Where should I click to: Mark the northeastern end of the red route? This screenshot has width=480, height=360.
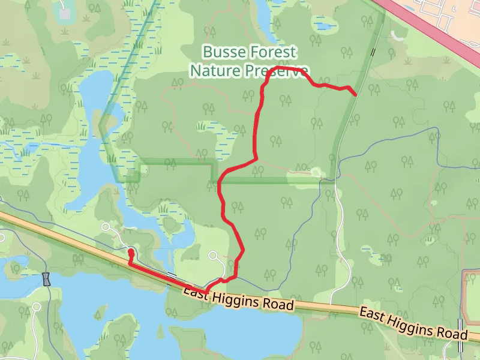[x=356, y=95]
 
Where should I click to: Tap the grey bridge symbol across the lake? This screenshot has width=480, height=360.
[x=47, y=279]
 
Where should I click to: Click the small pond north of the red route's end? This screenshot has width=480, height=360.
[x=324, y=25]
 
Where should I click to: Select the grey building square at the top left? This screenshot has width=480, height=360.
[x=64, y=11]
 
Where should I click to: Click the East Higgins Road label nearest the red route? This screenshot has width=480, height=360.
[x=239, y=299]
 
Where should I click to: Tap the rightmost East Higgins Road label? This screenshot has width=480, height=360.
[x=413, y=323]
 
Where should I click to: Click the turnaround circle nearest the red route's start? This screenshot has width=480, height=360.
[x=107, y=226]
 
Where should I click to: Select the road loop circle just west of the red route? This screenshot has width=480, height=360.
[x=212, y=256]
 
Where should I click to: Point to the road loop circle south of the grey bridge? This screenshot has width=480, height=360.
[x=37, y=307]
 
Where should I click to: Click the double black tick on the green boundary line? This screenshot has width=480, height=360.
[x=373, y=52]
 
